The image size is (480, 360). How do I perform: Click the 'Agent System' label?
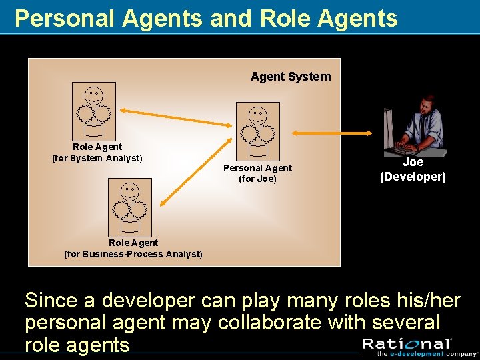pyautogui.click(x=290, y=77)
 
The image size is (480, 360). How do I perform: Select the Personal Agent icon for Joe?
pyautogui.click(x=258, y=131)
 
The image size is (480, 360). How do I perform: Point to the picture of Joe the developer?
pyautogui.click(x=413, y=125)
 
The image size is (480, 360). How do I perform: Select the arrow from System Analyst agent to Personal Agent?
pyautogui.click(x=175, y=118)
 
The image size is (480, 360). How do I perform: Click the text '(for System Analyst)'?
pyautogui.click(x=97, y=158)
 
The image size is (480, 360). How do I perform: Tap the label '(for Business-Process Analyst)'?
pyautogui.click(x=133, y=254)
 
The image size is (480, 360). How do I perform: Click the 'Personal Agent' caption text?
pyautogui.click(x=257, y=168)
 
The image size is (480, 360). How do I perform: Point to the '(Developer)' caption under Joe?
pyautogui.click(x=413, y=177)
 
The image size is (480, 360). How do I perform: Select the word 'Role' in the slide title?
pyautogui.click(x=281, y=19)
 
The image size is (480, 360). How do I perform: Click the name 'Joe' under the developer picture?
pyautogui.click(x=413, y=162)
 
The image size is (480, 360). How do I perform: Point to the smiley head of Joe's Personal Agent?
pyautogui.click(x=258, y=115)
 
